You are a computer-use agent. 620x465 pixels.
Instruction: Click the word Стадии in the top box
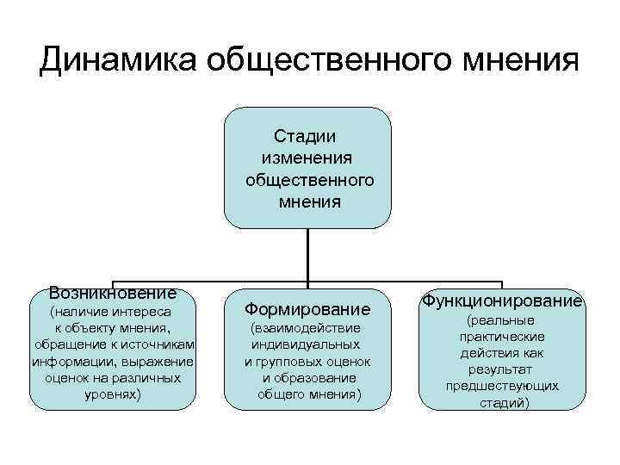click(x=306, y=136)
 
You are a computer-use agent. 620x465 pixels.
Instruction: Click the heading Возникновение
click(x=113, y=294)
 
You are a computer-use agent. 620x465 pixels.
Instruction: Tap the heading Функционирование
click(x=502, y=301)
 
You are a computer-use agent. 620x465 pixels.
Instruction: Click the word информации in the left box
click(x=75, y=361)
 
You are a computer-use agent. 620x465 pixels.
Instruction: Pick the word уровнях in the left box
click(x=113, y=394)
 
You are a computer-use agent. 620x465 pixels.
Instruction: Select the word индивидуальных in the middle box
click(x=307, y=344)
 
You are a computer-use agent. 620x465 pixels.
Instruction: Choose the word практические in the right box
click(x=502, y=337)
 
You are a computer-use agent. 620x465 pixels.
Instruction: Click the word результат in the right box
click(x=502, y=369)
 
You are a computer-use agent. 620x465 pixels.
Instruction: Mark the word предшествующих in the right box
click(x=502, y=386)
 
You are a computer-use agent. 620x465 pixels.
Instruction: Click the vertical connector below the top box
click(x=308, y=255)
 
